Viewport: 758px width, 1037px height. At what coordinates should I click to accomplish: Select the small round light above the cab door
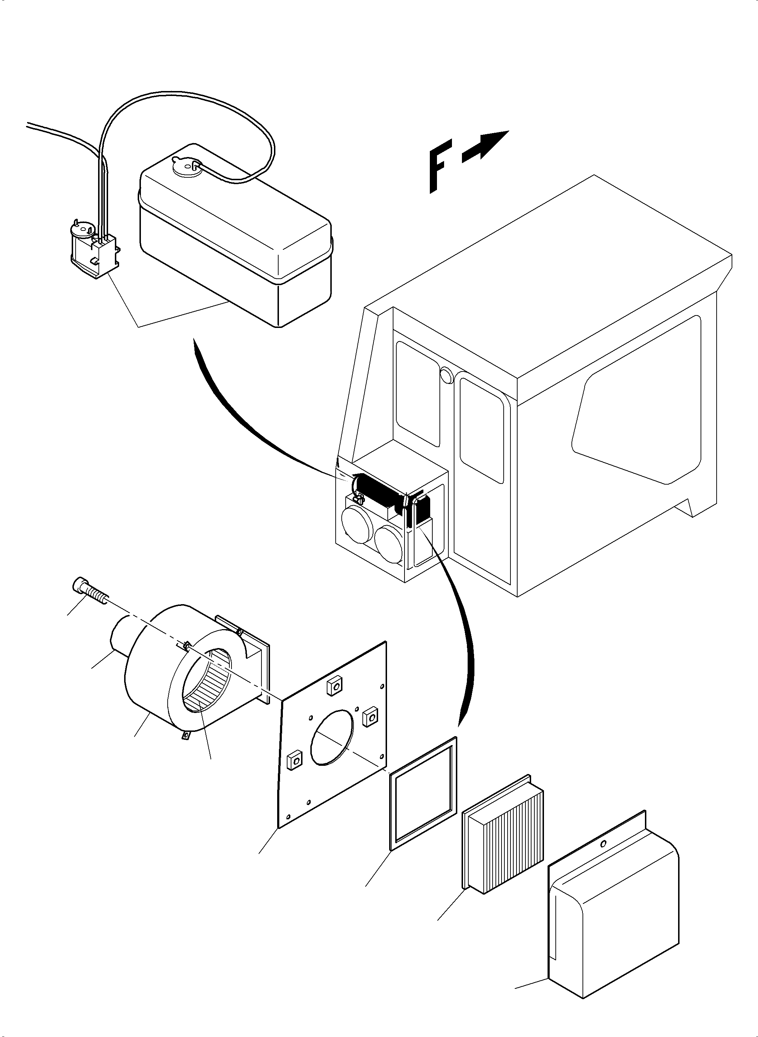pyautogui.click(x=446, y=375)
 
